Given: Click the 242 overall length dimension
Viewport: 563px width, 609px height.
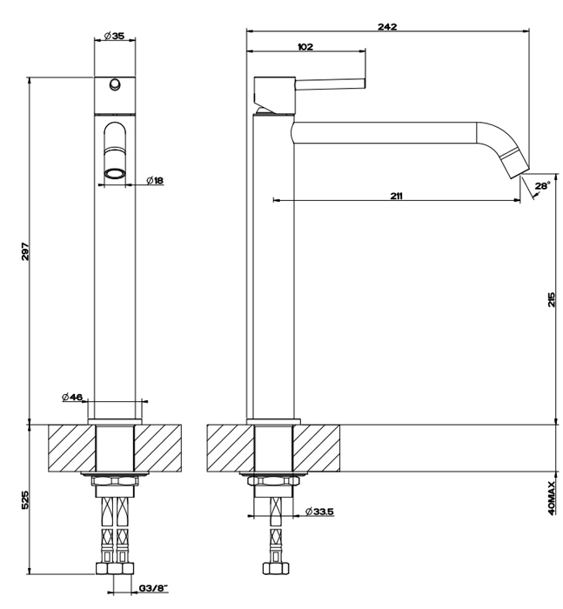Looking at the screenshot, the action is tap(387, 26).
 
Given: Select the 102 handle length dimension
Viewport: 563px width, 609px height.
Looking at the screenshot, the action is tap(305, 47).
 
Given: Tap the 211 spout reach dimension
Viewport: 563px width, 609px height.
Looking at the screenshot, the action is tap(396, 196).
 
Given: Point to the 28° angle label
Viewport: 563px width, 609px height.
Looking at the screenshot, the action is tap(543, 185).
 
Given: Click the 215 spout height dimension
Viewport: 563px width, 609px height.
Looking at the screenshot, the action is tap(552, 299).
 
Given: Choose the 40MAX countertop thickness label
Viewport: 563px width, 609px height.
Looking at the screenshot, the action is tap(552, 498).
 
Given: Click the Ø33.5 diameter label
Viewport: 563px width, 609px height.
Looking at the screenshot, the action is tap(319, 512).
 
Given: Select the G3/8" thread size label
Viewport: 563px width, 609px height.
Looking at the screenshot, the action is tap(153, 588).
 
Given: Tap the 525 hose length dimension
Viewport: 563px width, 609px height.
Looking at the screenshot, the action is tap(24, 500).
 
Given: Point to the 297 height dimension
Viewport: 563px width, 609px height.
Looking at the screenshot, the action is tap(25, 251).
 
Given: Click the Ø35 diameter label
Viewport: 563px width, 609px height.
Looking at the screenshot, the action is tap(114, 36).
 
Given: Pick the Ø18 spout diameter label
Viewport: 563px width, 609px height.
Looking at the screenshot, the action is tap(155, 180).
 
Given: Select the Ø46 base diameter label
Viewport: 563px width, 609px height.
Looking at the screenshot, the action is tap(72, 397).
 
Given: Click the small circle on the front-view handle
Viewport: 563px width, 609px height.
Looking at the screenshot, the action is tap(115, 84).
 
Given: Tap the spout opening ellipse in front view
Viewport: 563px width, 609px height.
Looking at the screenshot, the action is tap(115, 173).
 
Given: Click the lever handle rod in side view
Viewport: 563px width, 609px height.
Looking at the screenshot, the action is tap(331, 84).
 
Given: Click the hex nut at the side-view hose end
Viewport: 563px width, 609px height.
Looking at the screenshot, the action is tap(276, 568).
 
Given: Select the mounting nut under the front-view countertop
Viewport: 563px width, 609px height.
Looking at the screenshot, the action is tap(115, 482).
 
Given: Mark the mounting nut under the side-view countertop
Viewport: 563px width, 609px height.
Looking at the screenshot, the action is tap(273, 482).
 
